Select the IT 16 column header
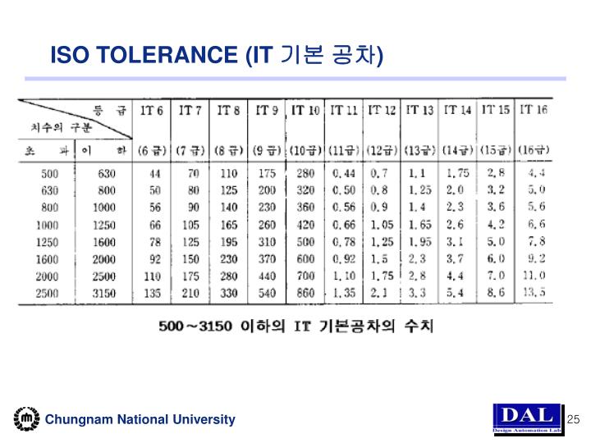(x=534, y=109)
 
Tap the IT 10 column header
(x=305, y=110)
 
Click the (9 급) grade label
(x=267, y=150)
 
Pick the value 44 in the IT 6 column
(x=153, y=174)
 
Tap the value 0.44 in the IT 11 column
(x=344, y=174)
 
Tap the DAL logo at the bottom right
(x=527, y=418)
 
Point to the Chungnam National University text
(x=140, y=420)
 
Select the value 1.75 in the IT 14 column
(x=458, y=174)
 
